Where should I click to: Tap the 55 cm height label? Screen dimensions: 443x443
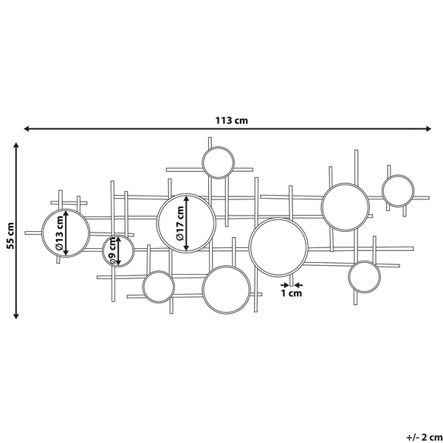tap(9, 235)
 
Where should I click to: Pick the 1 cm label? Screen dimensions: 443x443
tap(292, 294)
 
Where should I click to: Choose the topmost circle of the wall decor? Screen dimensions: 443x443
tap(219, 163)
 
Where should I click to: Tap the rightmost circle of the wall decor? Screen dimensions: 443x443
tap(397, 190)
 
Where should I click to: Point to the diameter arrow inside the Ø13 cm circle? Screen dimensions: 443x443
tap(66, 233)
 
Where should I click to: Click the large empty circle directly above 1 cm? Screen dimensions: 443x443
tap(278, 245)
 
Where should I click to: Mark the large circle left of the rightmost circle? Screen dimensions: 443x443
tap(345, 205)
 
